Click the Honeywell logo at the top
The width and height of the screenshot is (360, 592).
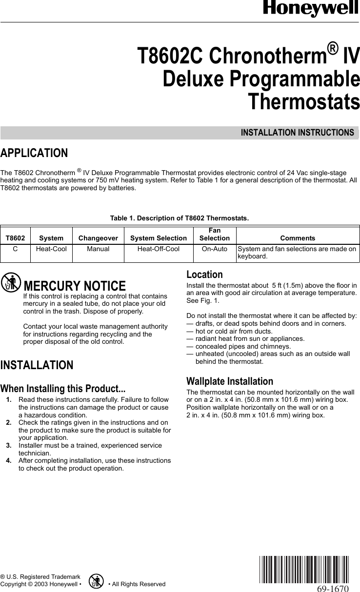click(311, 8)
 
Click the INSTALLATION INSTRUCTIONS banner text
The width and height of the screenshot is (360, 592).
click(297, 133)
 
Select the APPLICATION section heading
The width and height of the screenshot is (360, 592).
click(34, 153)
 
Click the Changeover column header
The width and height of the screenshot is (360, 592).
click(98, 238)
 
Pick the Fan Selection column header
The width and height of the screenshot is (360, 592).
click(214, 235)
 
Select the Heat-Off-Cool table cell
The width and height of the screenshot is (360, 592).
click(158, 249)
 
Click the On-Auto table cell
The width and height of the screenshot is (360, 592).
click(214, 249)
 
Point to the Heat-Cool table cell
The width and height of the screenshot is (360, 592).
click(51, 249)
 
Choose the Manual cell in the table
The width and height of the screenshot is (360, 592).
click(98, 249)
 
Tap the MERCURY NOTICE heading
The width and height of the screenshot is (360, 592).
click(74, 286)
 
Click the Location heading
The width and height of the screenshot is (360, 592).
click(205, 275)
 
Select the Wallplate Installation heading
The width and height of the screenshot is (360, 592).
click(230, 381)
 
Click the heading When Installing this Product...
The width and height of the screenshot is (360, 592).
click(63, 389)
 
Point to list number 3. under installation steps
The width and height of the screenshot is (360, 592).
click(9, 445)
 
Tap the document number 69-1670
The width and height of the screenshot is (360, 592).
click(332, 588)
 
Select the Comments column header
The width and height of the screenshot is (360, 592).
click(298, 238)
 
